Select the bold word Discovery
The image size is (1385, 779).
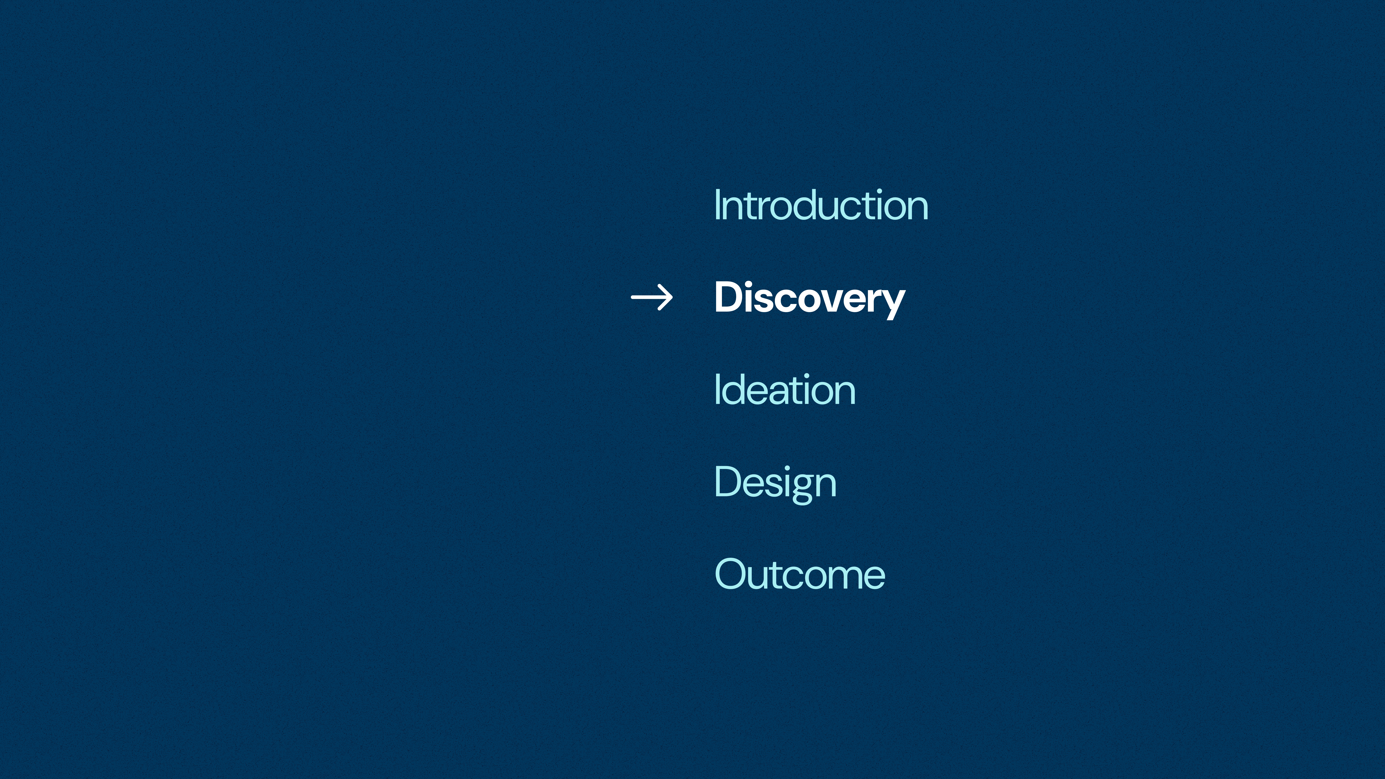click(810, 299)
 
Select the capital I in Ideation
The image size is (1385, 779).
click(717, 389)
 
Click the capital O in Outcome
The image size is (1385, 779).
click(732, 574)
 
